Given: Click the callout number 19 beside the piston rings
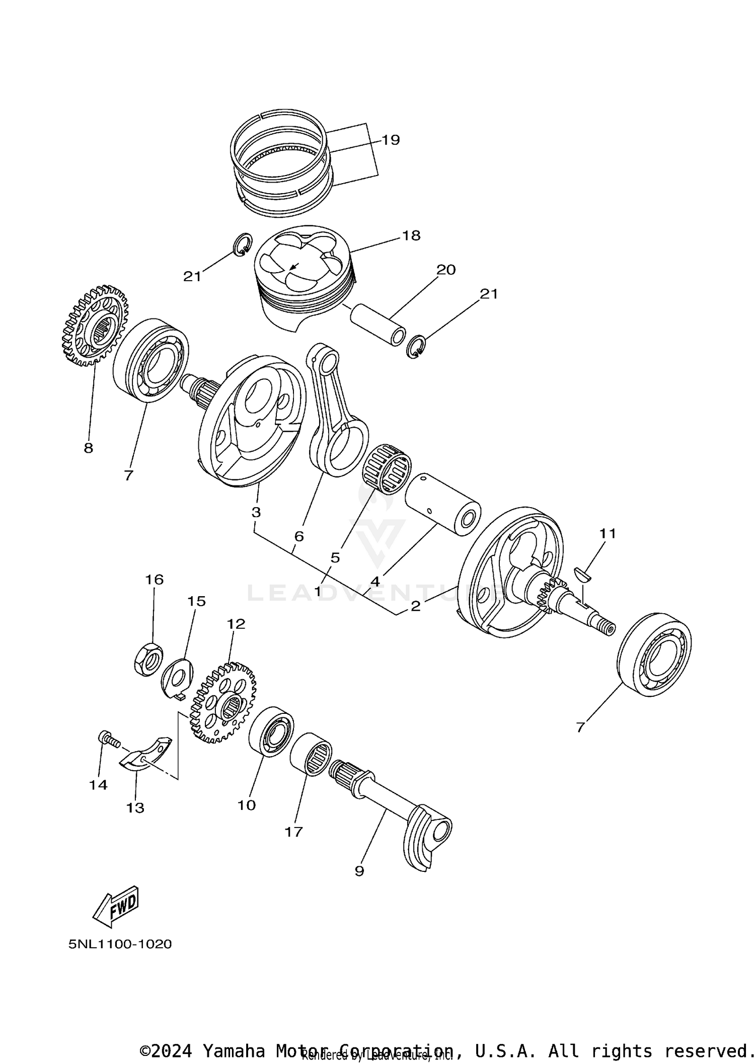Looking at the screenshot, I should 390,140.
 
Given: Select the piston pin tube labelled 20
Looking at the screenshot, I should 377,324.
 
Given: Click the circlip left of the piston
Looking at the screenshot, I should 243,244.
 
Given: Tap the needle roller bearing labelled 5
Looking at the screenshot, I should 387,468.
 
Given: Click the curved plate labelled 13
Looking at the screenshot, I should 146,755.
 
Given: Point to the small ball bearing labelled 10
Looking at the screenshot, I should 271,731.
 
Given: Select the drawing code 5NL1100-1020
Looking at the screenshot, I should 120,944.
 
